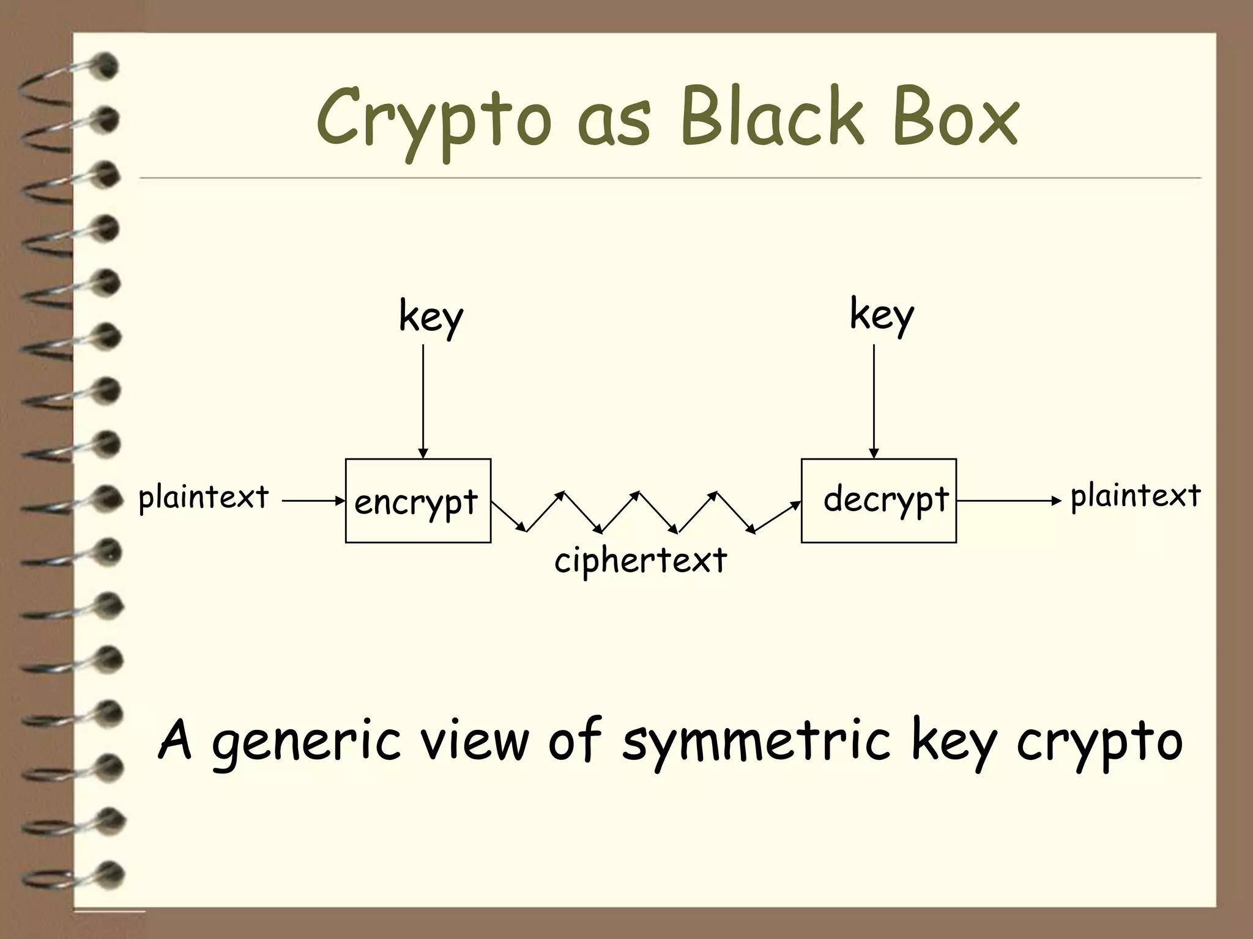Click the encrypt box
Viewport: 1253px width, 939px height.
point(418,501)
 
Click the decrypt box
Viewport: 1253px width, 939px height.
point(879,501)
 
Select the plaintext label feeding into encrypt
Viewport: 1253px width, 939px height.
point(204,498)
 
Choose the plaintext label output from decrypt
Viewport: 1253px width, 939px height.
point(1136,496)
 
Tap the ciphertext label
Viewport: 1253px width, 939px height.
point(641,561)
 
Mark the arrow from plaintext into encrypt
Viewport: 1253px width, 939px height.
point(313,501)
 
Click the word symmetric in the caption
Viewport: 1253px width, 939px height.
point(756,742)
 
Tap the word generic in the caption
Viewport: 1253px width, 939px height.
point(306,742)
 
